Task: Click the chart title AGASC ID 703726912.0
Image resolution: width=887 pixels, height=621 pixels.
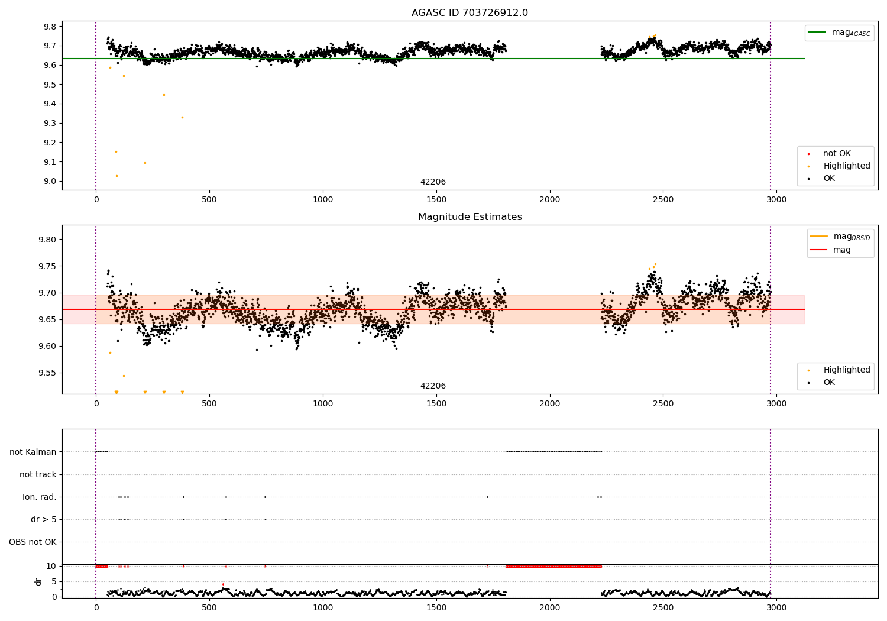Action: coord(470,13)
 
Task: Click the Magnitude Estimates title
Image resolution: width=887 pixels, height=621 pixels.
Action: coord(470,217)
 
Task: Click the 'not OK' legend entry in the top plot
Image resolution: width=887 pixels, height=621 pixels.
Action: coord(837,154)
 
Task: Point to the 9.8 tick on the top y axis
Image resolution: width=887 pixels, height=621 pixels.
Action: coord(50,27)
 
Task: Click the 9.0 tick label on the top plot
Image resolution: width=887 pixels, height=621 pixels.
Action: coord(50,182)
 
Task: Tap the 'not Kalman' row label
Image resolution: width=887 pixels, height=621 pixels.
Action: coord(33,452)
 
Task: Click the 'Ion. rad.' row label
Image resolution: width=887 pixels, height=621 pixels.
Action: coord(40,497)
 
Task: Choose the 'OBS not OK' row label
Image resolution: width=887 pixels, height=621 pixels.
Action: coord(33,542)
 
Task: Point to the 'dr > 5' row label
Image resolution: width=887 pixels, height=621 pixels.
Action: coord(44,519)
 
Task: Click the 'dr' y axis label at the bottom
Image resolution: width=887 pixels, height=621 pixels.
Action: coord(38,581)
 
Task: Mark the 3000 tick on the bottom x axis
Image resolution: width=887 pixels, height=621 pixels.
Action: coord(776,607)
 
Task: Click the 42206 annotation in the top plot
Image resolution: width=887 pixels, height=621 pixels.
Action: coord(433,182)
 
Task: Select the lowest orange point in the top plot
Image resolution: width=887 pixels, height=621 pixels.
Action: coord(116,176)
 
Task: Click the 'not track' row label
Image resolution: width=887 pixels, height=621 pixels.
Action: coord(38,474)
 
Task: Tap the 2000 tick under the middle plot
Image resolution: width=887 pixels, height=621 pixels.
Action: coord(550,403)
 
